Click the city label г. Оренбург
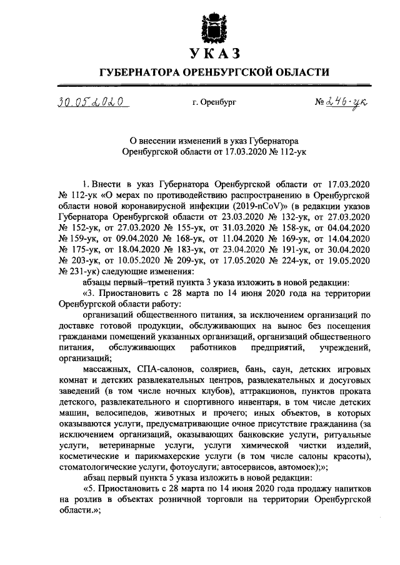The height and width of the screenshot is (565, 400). coord(214,101)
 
